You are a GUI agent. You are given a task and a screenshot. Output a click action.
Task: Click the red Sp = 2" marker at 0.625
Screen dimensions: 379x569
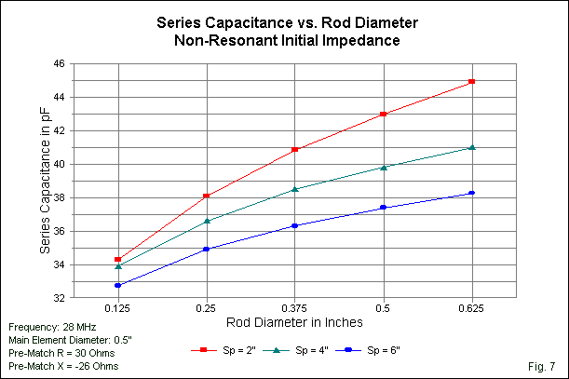tap(472, 82)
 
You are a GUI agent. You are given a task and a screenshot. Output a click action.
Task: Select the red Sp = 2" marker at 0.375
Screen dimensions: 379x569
tap(295, 149)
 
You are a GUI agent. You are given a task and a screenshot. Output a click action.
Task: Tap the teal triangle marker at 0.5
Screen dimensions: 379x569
tap(384, 167)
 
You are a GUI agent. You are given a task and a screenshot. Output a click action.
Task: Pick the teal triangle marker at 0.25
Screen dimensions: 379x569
tap(207, 221)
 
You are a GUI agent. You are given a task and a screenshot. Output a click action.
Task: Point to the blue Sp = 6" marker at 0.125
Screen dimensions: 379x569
tap(118, 285)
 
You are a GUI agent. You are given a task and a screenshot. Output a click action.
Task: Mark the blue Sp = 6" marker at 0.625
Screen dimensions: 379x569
tap(472, 193)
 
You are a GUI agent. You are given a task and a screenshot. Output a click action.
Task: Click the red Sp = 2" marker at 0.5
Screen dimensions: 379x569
tap(384, 114)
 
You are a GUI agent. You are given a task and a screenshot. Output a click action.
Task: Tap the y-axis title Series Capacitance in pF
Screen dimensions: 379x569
tap(43, 181)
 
